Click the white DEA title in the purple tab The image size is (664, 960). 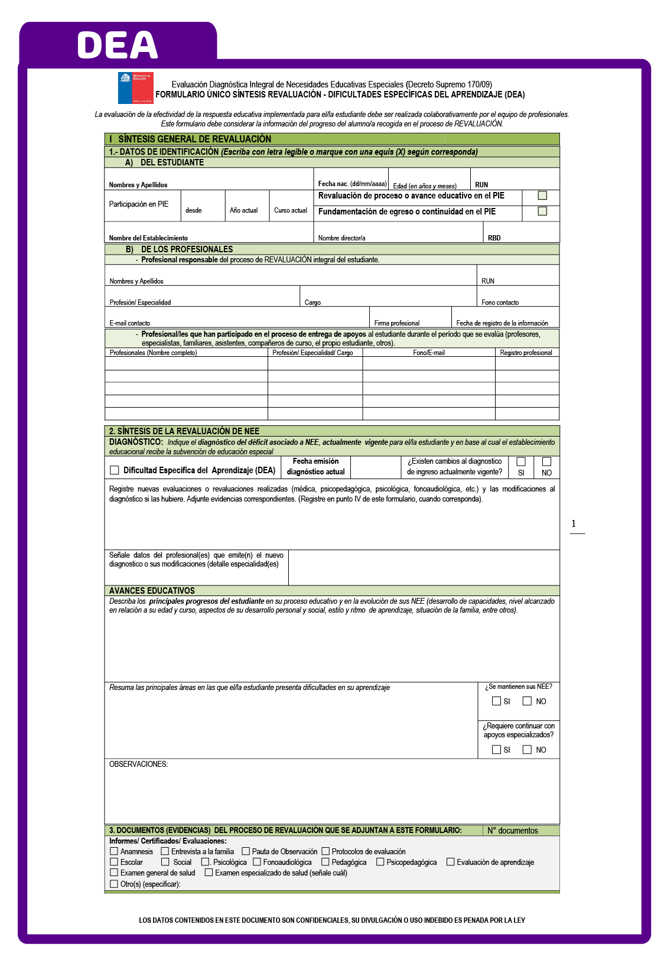coord(118,45)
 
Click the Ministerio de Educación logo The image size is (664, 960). coord(135,87)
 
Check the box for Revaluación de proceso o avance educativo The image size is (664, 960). coord(542,196)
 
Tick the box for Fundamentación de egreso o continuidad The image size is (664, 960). coord(542,211)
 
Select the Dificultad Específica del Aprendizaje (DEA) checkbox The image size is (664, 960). coord(115,470)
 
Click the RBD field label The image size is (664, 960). coord(494,238)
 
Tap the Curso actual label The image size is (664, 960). coord(290,210)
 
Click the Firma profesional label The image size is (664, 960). coord(396,323)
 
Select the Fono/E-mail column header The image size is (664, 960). coord(428,353)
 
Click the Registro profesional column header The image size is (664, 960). coord(526,353)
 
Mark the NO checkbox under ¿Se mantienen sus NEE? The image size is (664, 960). coord(528,701)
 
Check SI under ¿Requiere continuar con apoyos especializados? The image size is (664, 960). coord(496,750)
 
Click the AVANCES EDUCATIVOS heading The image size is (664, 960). coord(152,591)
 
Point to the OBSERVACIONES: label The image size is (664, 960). coord(138,764)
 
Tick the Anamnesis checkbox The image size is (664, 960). coord(114,851)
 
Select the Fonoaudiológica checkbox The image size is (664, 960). coord(257,862)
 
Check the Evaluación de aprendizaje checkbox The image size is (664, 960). coord(451,862)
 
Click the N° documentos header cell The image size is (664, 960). coord(512,831)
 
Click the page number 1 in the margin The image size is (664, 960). coord(574,524)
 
